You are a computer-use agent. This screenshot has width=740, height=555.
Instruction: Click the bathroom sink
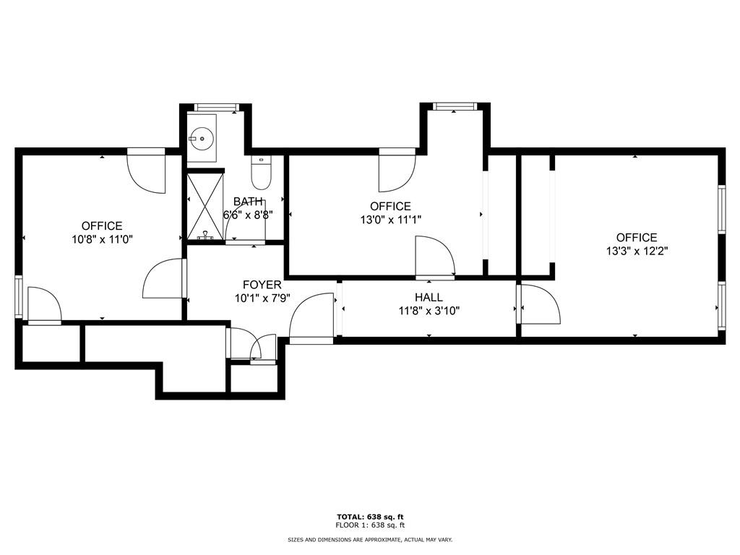(202, 137)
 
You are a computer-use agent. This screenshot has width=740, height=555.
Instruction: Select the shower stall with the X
(206, 206)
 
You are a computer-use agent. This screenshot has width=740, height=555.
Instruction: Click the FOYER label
(262, 285)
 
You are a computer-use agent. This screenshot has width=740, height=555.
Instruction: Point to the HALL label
(429, 298)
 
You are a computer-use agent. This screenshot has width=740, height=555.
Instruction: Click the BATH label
(248, 202)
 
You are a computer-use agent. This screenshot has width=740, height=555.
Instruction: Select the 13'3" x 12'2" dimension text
(637, 251)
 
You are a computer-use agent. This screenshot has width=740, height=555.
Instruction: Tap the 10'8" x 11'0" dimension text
(102, 240)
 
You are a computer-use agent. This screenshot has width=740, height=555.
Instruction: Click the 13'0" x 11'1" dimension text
(390, 220)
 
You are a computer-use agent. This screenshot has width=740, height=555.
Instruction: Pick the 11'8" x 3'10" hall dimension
(429, 311)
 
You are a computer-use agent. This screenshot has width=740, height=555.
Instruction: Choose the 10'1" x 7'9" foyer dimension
(262, 298)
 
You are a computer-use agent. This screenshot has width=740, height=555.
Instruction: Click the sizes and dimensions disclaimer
(370, 540)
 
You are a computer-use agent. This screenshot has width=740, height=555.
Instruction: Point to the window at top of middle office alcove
(455, 107)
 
